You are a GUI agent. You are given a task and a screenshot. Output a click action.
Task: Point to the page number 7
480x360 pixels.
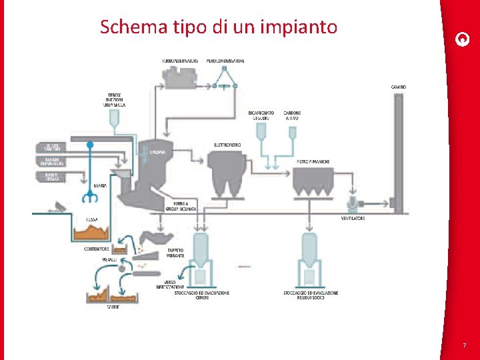[x=464, y=345]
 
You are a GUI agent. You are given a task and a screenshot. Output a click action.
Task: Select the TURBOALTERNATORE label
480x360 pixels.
[x=180, y=61]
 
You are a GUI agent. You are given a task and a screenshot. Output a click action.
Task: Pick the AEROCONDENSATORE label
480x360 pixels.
[x=225, y=61]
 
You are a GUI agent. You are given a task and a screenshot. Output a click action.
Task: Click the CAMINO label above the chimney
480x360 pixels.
[x=399, y=87]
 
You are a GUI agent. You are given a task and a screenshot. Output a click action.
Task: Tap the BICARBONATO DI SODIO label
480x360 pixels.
[x=261, y=115]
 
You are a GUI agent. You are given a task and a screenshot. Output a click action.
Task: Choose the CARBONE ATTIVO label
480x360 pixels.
[x=292, y=115]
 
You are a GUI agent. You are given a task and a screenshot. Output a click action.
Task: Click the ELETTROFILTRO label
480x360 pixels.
[x=227, y=145]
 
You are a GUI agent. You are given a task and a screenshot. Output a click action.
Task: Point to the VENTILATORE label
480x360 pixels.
[x=353, y=218]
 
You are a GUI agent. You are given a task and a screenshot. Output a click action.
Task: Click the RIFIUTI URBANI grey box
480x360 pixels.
[x=52, y=176]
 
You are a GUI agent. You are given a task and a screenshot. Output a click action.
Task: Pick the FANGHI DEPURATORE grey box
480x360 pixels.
[x=52, y=161]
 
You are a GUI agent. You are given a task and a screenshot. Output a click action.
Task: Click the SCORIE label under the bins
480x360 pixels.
[x=113, y=307]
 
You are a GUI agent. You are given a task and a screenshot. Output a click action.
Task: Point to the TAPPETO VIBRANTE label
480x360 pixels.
[x=175, y=253]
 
